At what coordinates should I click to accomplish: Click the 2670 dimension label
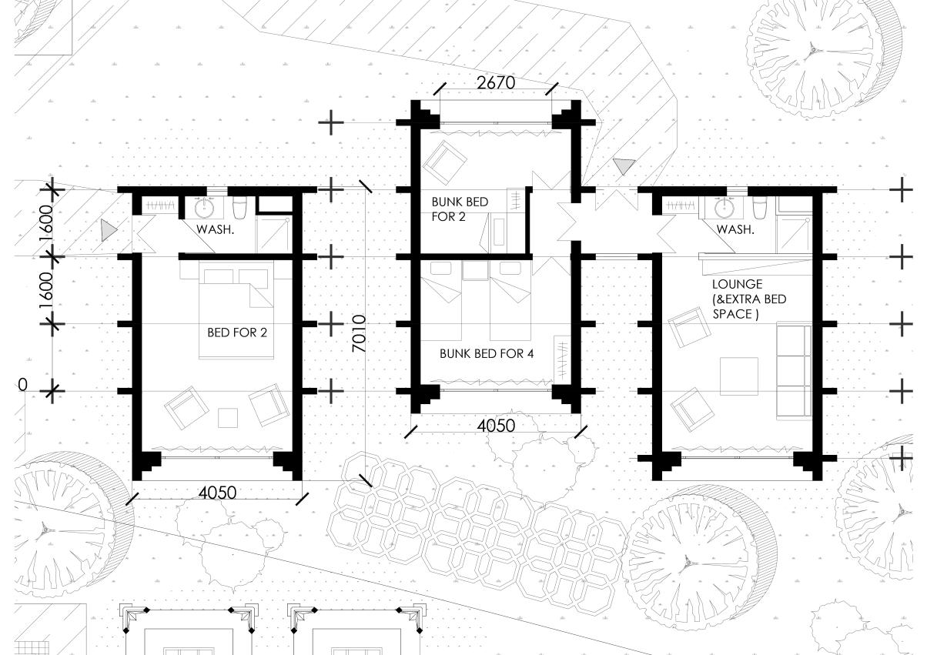click(496, 83)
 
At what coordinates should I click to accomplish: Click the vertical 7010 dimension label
click(359, 333)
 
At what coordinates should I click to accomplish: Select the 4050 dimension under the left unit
click(217, 493)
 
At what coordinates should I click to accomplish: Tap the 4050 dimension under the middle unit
click(496, 426)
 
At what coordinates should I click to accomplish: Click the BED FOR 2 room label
click(237, 333)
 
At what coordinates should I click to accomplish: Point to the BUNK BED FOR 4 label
click(487, 354)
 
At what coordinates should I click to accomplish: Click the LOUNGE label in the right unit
click(737, 284)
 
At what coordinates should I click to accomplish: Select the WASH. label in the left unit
click(215, 229)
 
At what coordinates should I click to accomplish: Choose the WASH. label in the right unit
click(735, 229)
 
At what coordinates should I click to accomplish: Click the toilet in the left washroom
click(239, 207)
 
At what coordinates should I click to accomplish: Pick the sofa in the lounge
click(794, 370)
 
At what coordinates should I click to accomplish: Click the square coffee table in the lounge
click(738, 376)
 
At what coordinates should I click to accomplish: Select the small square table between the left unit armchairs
click(228, 418)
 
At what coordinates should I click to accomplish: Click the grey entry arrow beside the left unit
click(109, 230)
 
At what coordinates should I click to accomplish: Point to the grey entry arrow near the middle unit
click(624, 166)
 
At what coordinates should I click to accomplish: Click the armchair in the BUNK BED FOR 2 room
click(444, 162)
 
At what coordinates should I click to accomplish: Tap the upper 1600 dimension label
click(46, 223)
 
